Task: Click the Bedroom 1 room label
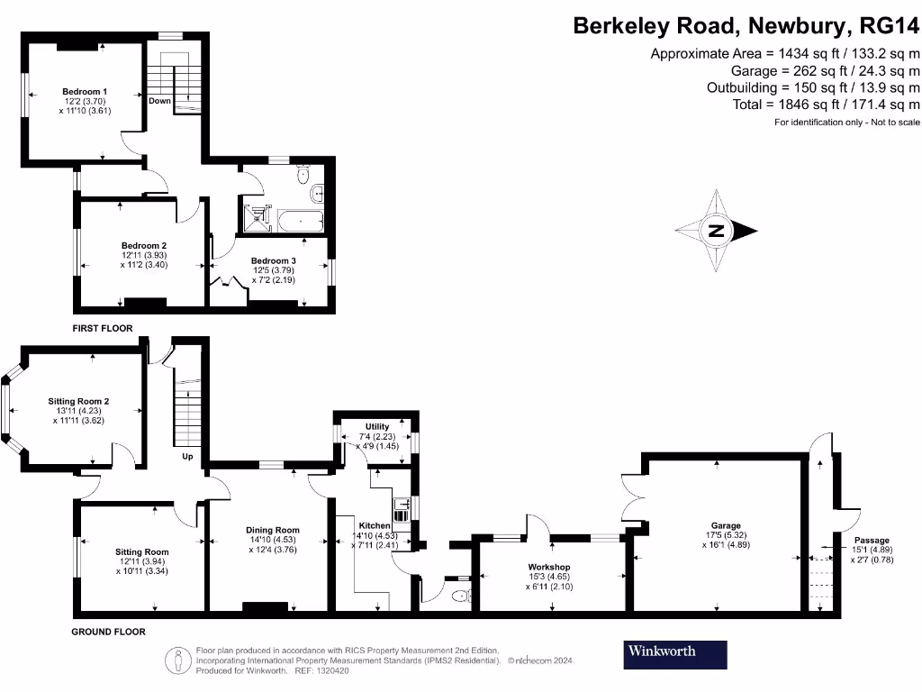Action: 85,91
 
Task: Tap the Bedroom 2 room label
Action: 144,245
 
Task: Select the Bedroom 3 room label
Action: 275,260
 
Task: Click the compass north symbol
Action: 717,231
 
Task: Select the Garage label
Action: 726,525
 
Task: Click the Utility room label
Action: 376,427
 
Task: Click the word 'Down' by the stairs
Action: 159,101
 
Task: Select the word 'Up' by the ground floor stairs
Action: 187,457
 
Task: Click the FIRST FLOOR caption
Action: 103,329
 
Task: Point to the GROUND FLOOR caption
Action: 108,632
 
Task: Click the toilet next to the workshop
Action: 460,595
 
